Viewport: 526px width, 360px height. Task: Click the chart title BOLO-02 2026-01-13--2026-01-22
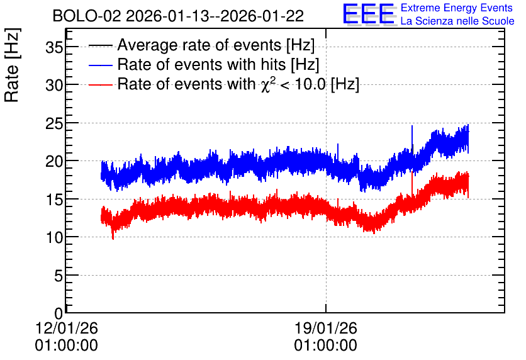click(178, 16)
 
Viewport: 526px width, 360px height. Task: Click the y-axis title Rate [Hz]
click(12, 65)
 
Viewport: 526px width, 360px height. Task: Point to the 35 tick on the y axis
click(54, 47)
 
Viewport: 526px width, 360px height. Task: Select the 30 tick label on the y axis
click(54, 85)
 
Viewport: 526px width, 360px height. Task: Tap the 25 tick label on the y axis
click(54, 123)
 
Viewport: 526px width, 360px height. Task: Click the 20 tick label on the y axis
click(54, 161)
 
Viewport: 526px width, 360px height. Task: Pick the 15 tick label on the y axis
click(54, 200)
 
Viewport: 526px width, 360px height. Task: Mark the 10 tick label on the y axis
click(54, 237)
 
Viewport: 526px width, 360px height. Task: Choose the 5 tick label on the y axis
click(59, 276)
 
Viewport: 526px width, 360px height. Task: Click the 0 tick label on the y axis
click(59, 313)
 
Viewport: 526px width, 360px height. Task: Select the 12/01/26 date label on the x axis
click(67, 328)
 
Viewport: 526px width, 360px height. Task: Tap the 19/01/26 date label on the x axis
click(326, 328)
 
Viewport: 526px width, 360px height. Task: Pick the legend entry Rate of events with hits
click(218, 64)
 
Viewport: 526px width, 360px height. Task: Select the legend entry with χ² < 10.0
click(238, 84)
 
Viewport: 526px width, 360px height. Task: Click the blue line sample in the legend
click(101, 65)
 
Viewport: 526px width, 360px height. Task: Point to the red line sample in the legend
click(101, 84)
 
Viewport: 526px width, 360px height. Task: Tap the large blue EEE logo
click(369, 14)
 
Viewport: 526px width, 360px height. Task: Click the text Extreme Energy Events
click(457, 8)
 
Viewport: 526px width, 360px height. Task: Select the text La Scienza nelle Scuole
click(457, 21)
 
